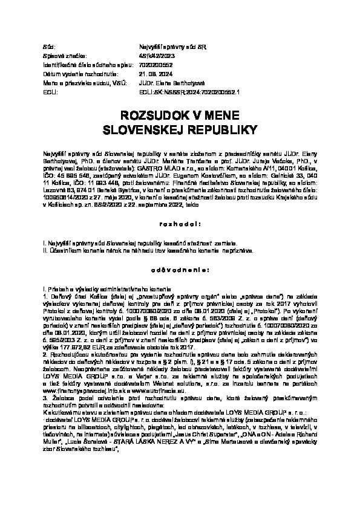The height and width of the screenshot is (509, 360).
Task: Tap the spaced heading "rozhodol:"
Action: coord(180,223)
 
